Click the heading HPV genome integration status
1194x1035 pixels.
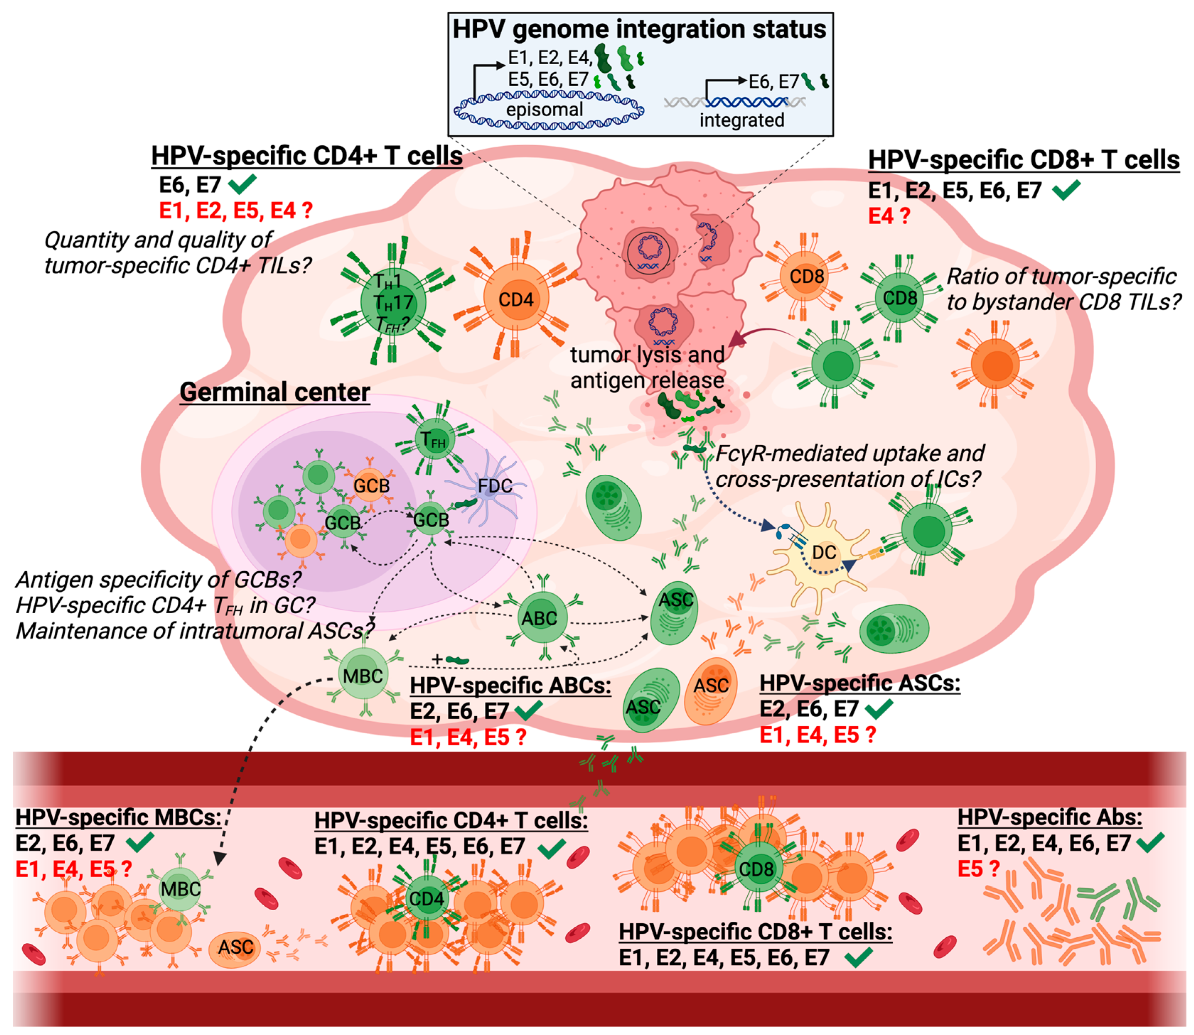click(x=639, y=29)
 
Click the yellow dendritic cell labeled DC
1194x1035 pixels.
click(x=823, y=553)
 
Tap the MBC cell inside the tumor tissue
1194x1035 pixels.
click(x=363, y=675)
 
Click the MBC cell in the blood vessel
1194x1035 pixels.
click(x=181, y=889)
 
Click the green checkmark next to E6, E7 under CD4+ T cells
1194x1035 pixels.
click(x=243, y=185)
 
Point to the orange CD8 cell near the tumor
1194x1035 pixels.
click(x=806, y=277)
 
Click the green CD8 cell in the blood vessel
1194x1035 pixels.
click(x=755, y=869)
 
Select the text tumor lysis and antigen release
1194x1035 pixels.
click(x=647, y=367)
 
